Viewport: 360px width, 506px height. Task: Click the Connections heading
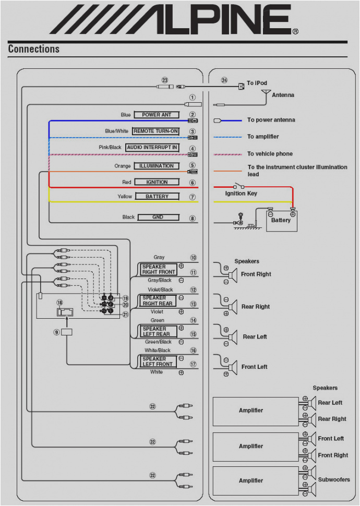tap(34, 49)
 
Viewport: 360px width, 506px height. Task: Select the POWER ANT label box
tap(157, 115)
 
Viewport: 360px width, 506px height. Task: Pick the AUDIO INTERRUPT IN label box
tap(152, 148)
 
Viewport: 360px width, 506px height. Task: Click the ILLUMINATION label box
tap(156, 166)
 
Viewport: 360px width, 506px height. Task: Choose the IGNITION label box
tap(157, 182)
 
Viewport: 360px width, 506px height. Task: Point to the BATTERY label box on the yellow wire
tap(157, 197)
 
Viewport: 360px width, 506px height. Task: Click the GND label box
tap(158, 217)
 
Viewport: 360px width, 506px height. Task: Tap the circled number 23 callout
tap(165, 80)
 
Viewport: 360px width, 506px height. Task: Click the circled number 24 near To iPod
tap(224, 80)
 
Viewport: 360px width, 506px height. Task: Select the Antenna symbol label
tap(283, 95)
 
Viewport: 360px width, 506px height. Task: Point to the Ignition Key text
tap(241, 194)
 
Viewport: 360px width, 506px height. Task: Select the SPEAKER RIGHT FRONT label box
tap(159, 269)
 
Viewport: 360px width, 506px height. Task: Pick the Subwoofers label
tap(334, 479)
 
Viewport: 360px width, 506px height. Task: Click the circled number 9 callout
tap(56, 332)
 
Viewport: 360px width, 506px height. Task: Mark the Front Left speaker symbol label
tap(254, 367)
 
